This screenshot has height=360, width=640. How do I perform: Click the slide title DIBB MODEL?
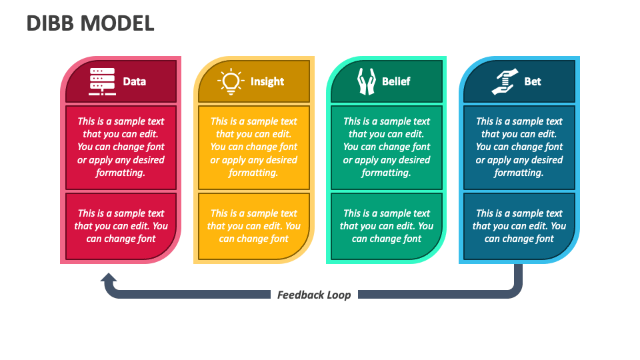click(90, 23)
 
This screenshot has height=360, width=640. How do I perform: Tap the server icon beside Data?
click(102, 81)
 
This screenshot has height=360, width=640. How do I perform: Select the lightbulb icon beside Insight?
click(231, 81)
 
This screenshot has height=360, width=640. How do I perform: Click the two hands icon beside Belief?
click(366, 81)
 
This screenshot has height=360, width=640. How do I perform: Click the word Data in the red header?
click(134, 82)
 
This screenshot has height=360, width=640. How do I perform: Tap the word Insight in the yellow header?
click(267, 82)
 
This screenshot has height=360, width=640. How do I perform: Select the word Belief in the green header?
click(396, 82)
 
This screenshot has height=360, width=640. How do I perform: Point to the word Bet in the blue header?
click(533, 82)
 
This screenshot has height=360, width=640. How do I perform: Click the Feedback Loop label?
click(314, 295)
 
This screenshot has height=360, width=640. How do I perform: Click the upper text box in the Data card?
click(121, 147)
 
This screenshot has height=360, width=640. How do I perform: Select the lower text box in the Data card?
click(121, 226)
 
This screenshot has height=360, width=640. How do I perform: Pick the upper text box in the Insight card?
click(253, 147)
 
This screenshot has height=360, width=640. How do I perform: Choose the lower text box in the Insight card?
click(253, 226)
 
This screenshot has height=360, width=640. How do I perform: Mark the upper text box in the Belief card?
click(387, 147)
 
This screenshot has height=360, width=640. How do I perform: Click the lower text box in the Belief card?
click(387, 226)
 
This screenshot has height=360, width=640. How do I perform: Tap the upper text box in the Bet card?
click(519, 147)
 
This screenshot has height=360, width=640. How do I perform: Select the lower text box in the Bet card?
click(519, 226)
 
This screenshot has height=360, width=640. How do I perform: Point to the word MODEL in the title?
click(117, 23)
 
